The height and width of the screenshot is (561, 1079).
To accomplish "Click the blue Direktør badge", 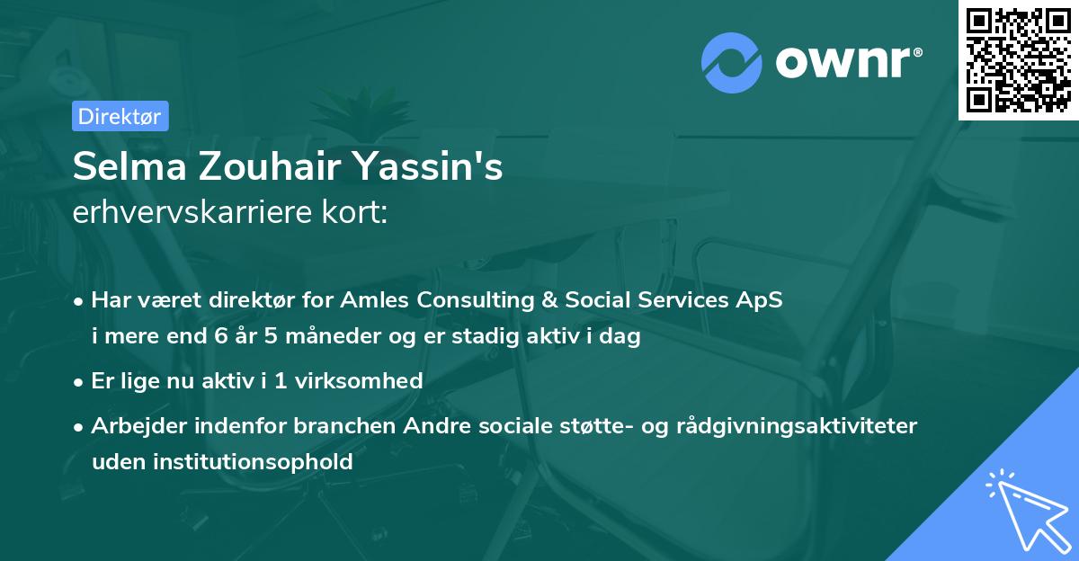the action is [x=120, y=116].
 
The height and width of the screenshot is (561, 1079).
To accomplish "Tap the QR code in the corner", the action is [x=1018, y=60].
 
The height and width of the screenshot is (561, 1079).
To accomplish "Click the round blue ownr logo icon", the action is [x=732, y=63].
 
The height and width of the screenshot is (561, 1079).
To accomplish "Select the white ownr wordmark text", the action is [x=843, y=63].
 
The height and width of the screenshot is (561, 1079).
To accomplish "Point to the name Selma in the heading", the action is [x=129, y=166].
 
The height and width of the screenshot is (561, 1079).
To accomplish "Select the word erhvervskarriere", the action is [x=192, y=212].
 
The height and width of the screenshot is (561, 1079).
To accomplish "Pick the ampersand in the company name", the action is [x=549, y=299].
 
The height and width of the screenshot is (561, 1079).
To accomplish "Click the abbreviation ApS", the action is [x=759, y=300].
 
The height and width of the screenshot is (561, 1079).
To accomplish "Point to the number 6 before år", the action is [x=220, y=335].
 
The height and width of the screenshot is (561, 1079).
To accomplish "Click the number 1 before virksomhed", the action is [x=281, y=380].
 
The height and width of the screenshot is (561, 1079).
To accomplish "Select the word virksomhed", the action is [x=359, y=380].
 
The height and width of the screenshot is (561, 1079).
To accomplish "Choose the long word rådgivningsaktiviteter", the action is [x=797, y=426].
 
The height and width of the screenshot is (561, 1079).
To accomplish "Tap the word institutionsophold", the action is [x=253, y=461].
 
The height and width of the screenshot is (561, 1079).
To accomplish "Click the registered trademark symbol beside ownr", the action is [x=917, y=52].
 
